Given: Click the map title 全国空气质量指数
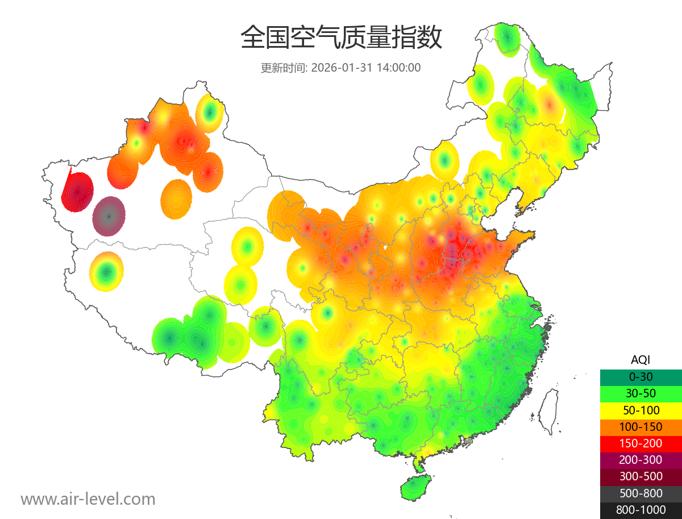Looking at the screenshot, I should point(341,38).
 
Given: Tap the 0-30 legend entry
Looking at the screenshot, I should point(641,377).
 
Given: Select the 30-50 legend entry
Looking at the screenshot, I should point(641,393).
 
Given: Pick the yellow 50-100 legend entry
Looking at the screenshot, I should point(641,410).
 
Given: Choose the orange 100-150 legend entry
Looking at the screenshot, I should point(641,426).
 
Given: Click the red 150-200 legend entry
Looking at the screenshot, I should point(641,443).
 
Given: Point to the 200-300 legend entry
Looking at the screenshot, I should point(641,460).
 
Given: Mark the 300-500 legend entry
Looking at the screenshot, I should point(641,476).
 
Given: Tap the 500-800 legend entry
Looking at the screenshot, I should point(641,493).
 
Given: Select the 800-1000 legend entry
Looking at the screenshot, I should point(641,510).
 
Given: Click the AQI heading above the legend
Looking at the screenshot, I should point(641,360).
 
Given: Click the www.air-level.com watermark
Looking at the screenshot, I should point(88,500).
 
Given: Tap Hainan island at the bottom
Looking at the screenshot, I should point(416,488).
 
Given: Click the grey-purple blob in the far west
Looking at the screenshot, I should point(109,216).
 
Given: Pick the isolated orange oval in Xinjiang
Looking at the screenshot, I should point(177,199).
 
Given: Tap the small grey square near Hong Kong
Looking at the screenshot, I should point(468,441).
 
